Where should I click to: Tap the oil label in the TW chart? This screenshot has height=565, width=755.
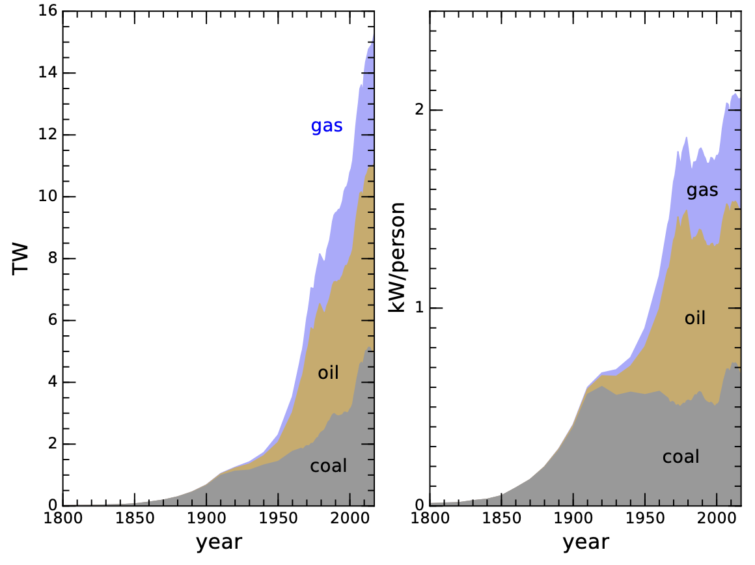328,372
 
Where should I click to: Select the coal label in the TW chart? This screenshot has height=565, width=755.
329,466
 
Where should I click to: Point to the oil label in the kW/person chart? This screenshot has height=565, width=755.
695,318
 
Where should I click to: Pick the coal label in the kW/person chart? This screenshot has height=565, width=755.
681,457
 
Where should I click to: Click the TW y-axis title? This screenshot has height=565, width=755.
21,259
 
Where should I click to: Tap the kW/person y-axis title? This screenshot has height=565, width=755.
397,258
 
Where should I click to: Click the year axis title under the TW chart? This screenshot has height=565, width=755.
219,542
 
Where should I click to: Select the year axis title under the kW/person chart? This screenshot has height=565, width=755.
586,542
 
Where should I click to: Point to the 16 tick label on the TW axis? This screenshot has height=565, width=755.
48,10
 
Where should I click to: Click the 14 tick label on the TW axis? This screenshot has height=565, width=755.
48,73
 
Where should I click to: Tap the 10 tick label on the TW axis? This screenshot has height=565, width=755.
48,197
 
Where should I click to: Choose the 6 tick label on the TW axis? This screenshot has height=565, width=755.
53,320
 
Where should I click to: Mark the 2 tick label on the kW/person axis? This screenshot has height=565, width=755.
419,110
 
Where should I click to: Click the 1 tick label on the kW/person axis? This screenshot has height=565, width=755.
419,308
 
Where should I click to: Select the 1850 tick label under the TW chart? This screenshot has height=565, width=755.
135,518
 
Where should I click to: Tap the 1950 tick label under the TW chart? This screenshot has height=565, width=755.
278,518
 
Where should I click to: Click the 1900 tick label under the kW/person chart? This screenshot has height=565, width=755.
573,518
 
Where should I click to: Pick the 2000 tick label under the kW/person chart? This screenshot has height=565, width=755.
717,518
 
